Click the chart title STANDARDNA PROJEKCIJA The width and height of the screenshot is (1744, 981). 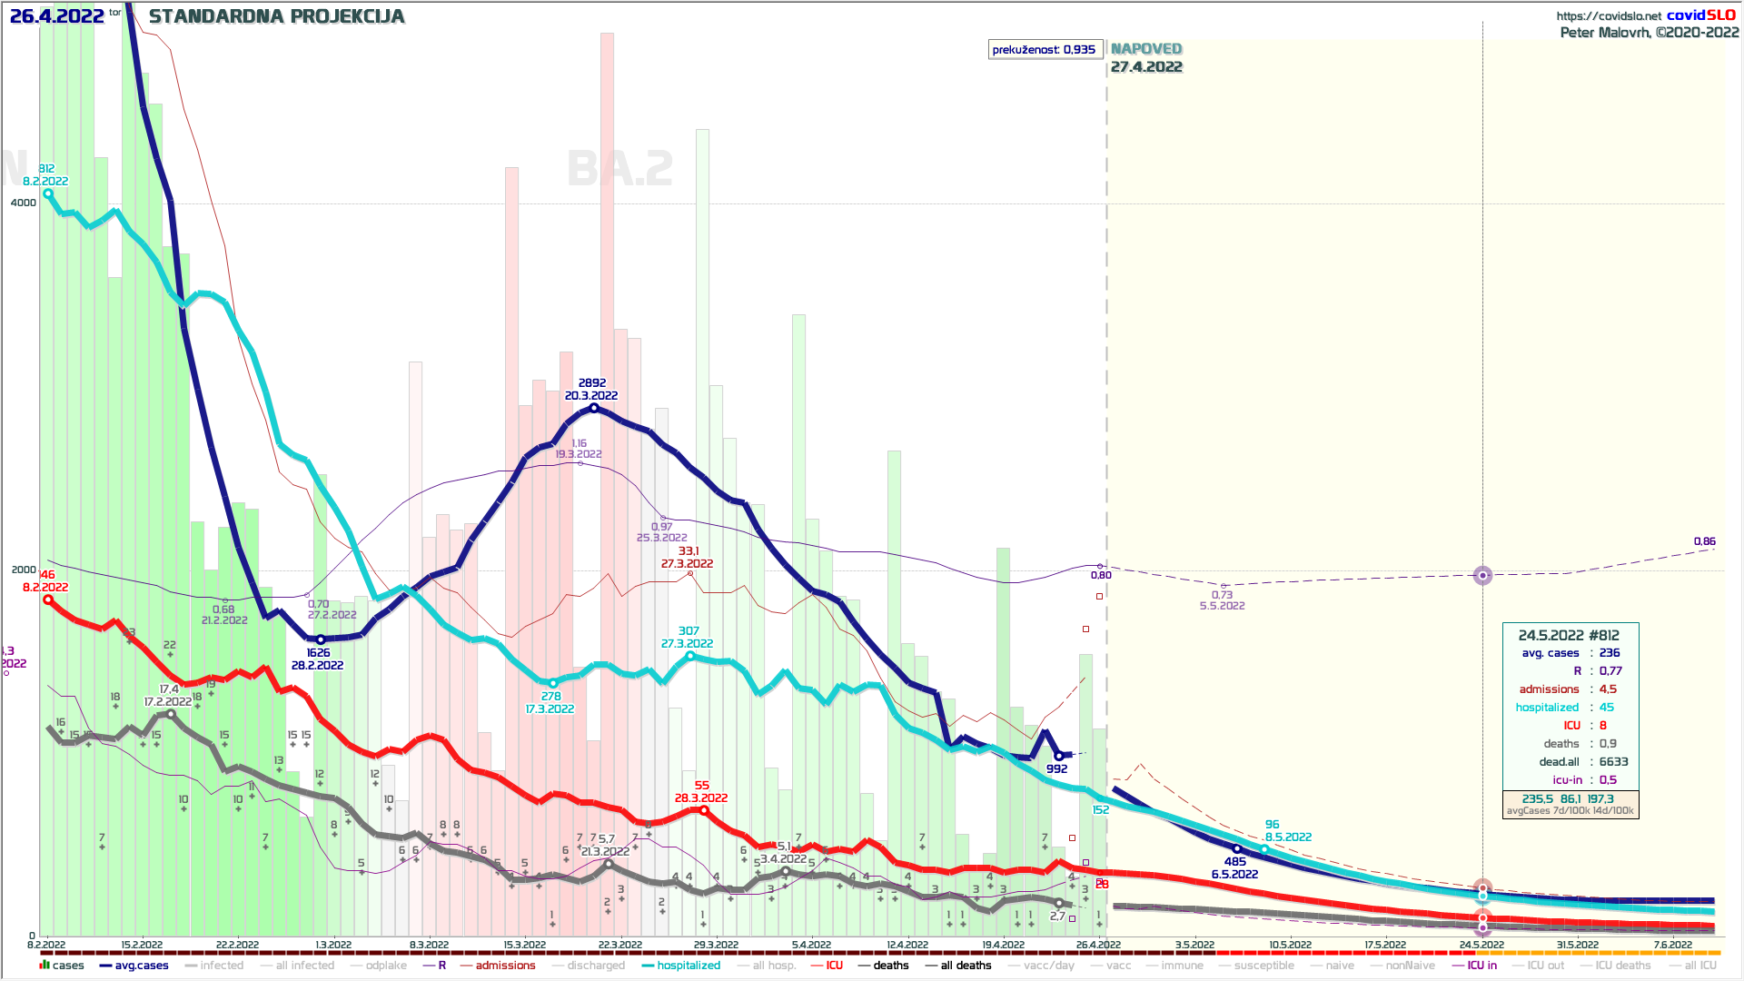point(276,16)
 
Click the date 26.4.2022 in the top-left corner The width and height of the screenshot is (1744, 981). point(56,16)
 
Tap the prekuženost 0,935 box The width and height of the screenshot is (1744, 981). point(1045,49)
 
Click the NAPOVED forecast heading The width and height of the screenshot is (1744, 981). point(1146,49)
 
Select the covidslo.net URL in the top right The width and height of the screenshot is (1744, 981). point(1609,16)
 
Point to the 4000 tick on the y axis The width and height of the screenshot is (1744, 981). point(24,203)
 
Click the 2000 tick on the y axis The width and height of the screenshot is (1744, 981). point(24,570)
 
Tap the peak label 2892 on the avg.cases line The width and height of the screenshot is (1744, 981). point(592,383)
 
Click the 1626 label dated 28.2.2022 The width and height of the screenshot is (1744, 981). point(318,653)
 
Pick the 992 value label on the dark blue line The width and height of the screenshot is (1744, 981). point(1056,769)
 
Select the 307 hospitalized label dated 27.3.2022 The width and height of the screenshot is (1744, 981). point(689,631)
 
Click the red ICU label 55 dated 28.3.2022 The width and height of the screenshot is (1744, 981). point(701,786)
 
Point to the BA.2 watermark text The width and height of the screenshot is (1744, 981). point(619,169)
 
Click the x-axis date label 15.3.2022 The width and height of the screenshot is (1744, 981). point(524,946)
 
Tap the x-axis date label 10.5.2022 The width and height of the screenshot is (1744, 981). point(1290,946)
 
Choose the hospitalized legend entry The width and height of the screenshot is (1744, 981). point(688,966)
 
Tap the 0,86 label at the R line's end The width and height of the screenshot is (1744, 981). point(1704,541)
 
